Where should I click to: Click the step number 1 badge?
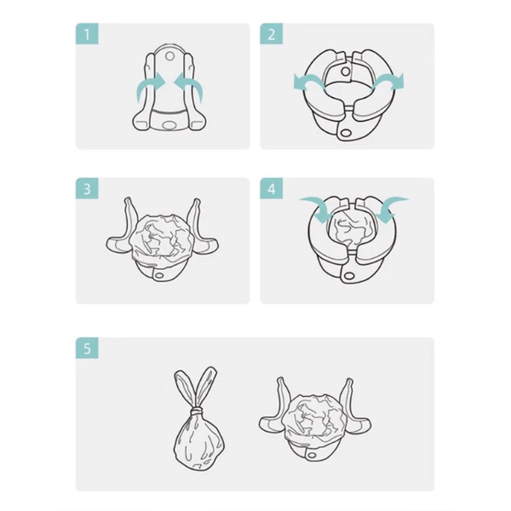click(x=87, y=35)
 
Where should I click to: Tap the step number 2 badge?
click(x=272, y=35)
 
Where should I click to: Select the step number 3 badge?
click(x=87, y=189)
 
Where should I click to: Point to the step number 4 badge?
click(x=272, y=189)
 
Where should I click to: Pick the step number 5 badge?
click(x=87, y=348)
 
